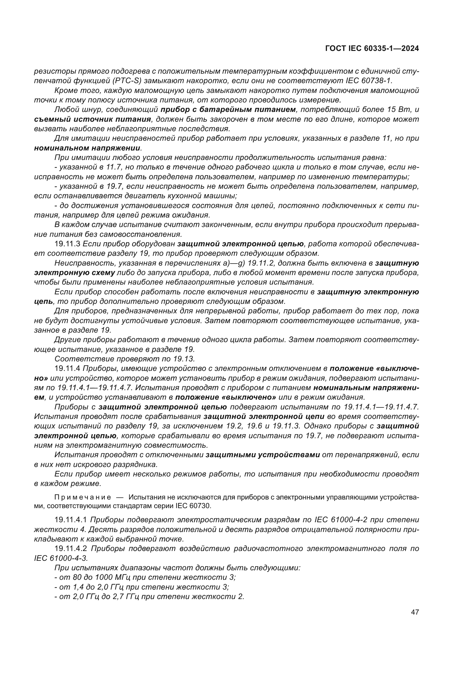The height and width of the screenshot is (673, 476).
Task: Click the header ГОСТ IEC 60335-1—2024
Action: [x=372, y=49]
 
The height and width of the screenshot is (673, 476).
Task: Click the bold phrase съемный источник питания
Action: [x=93, y=119]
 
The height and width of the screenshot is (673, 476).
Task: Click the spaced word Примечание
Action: [x=83, y=497]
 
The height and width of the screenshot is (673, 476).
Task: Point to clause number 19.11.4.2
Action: [x=70, y=549]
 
